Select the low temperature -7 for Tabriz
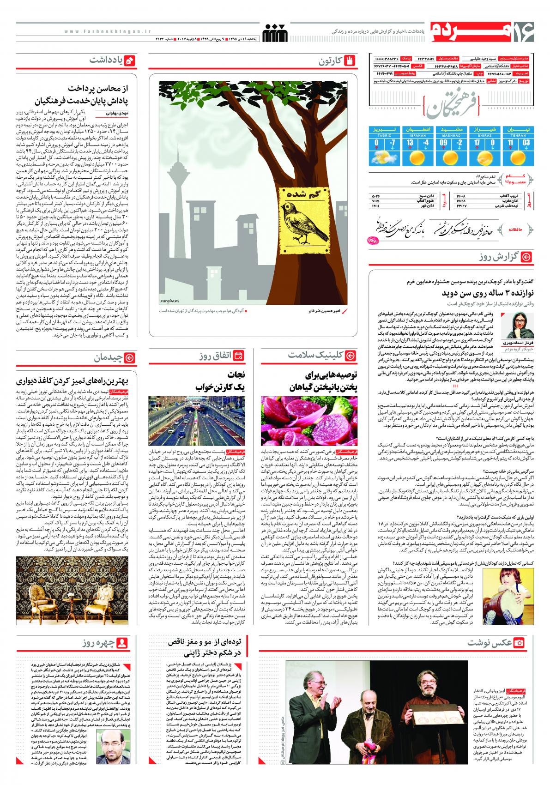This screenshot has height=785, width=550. click(392, 143)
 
